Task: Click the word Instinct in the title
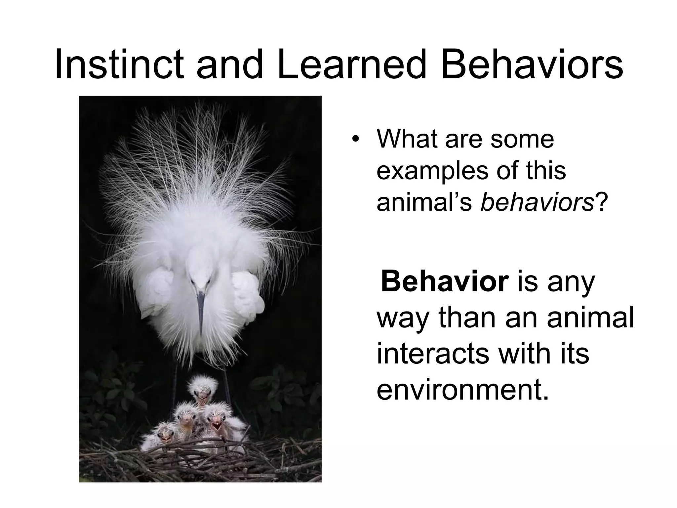[x=119, y=64]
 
